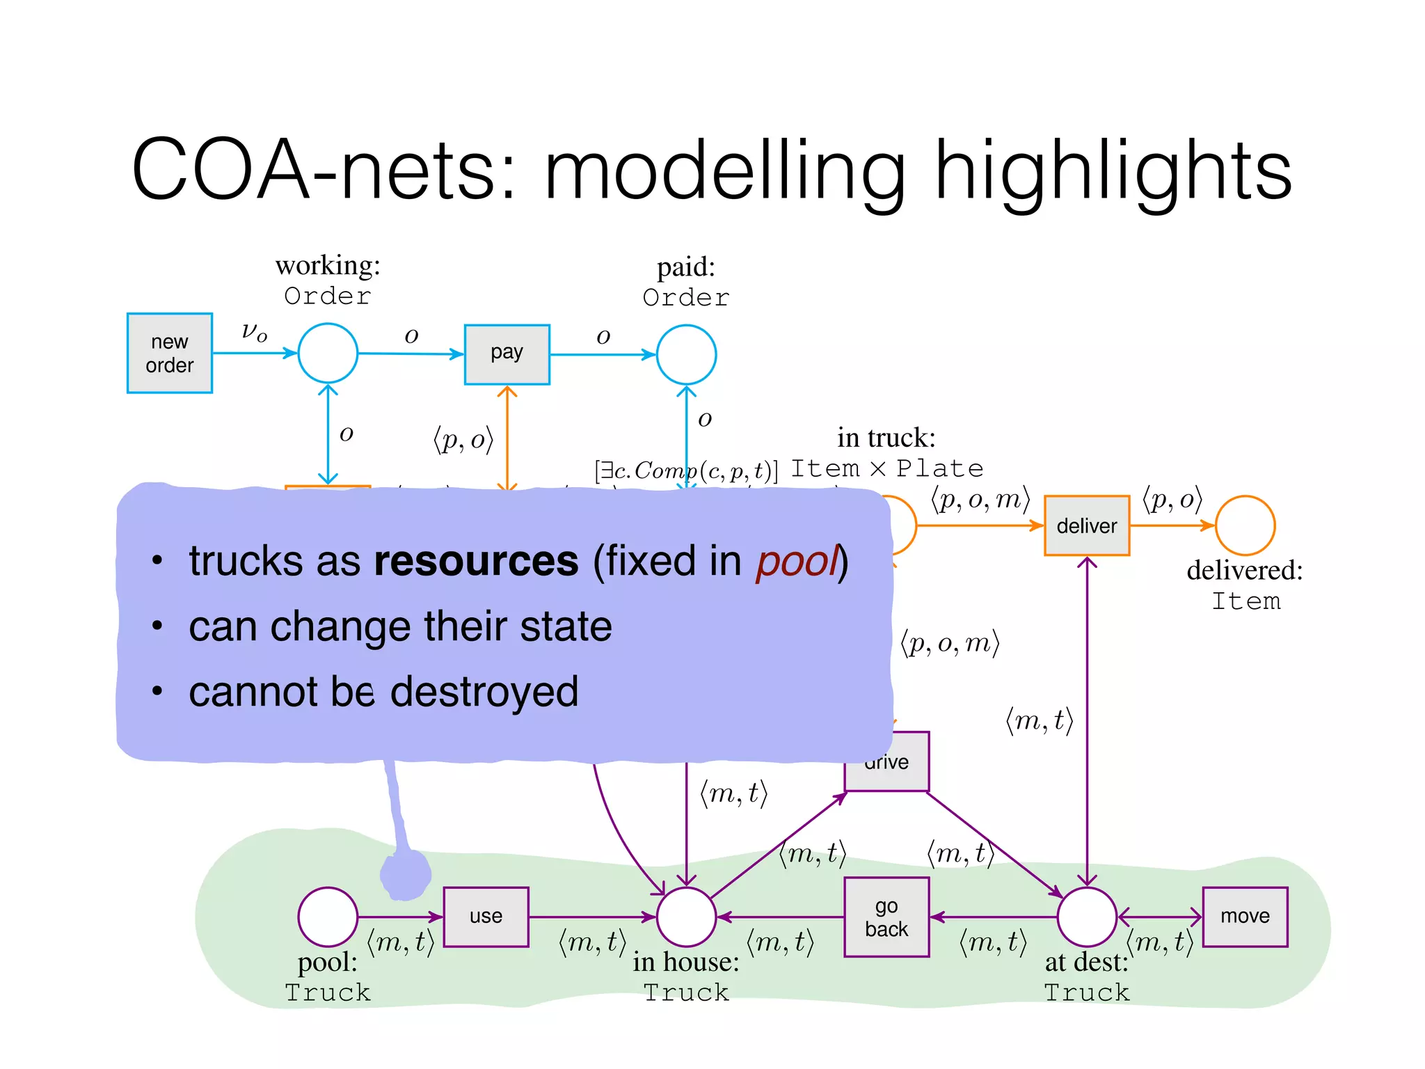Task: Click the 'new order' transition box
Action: pos(169,353)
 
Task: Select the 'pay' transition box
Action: pos(507,354)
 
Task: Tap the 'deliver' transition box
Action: pos(1086,525)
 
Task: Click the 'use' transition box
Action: pos(486,917)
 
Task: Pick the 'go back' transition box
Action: pos(886,917)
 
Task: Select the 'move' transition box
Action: pos(1245,917)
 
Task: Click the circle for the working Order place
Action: pos(328,353)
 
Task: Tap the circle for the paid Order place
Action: pos(686,354)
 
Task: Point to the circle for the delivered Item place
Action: pos(1245,525)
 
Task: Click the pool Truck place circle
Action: pos(328,917)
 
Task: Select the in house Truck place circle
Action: pos(686,917)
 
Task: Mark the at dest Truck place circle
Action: pos(1086,917)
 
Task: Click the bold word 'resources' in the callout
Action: pos(476,561)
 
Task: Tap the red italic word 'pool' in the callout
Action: pos(797,561)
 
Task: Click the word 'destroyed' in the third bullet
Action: pos(484,692)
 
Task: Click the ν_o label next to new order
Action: pos(254,331)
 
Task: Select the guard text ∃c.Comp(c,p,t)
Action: pos(685,471)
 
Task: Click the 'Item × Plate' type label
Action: pos(887,468)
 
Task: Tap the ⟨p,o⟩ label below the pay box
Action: pos(463,440)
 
